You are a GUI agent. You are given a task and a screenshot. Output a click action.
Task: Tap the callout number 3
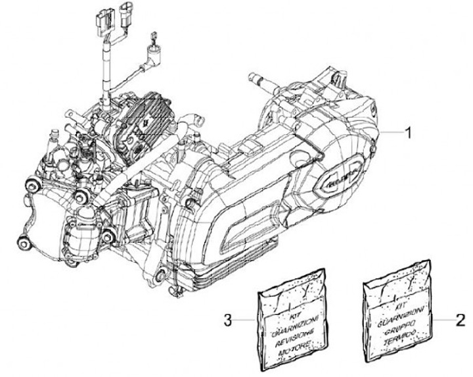point(226,320)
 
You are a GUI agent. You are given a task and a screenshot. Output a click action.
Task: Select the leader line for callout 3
point(244,320)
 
